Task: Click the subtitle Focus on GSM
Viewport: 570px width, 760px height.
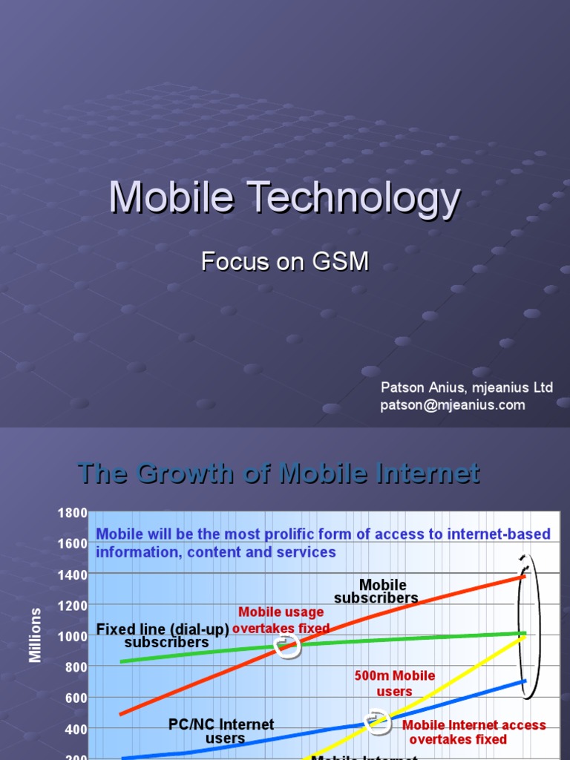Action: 285,262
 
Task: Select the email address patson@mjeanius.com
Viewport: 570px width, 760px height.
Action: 453,405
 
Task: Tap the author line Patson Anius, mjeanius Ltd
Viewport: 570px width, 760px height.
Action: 467,387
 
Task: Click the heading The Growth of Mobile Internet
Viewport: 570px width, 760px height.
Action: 279,473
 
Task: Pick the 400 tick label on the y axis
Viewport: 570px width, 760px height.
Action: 75,729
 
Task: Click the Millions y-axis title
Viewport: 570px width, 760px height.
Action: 36,635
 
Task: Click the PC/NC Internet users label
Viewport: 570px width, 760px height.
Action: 221,731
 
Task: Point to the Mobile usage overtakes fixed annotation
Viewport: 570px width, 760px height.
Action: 281,620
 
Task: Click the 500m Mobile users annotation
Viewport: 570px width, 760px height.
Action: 395,684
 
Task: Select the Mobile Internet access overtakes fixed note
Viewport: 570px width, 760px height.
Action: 474,732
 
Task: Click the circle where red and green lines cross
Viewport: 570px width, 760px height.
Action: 287,646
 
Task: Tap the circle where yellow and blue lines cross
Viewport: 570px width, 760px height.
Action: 379,723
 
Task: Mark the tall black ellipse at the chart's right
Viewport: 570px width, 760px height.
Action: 529,627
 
